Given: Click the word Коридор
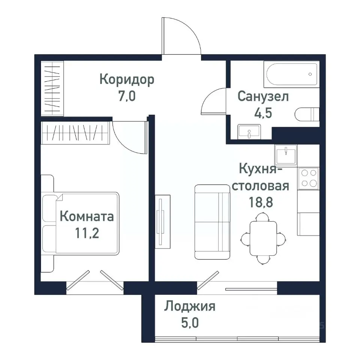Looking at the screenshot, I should [x=127, y=80].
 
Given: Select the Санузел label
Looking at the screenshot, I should [x=263, y=97].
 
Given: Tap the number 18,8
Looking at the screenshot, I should [x=260, y=202].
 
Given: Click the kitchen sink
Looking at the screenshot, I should [x=286, y=154].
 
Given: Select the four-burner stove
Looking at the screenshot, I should [x=308, y=178].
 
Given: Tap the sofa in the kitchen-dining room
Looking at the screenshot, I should [x=212, y=222].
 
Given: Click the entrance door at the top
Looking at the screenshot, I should [x=181, y=37].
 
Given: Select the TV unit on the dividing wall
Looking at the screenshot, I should [x=163, y=221].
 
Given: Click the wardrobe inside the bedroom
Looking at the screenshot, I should [x=75, y=133].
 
